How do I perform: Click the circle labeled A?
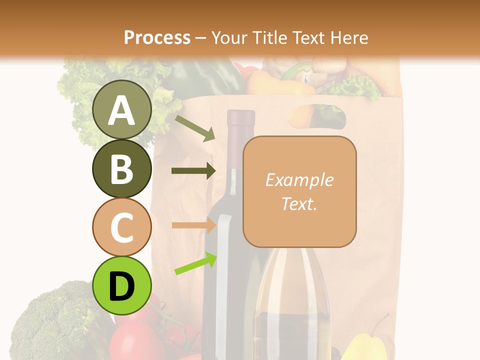tap(122, 109)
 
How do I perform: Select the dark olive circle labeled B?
tap(122, 168)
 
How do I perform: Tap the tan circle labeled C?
tap(122, 227)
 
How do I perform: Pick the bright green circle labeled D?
tap(122, 285)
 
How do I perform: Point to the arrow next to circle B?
tap(193, 171)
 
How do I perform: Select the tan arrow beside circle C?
tap(193, 225)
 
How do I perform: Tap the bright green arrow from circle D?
tap(195, 263)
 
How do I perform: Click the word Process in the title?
tap(157, 37)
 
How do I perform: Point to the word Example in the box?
tap(299, 180)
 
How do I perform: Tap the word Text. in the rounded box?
tap(299, 203)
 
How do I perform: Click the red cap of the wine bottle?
tap(241, 119)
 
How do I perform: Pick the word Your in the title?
tap(228, 37)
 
